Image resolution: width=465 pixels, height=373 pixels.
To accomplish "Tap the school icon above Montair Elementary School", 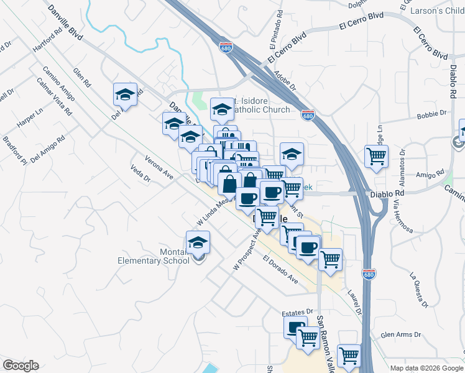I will [x=198, y=242].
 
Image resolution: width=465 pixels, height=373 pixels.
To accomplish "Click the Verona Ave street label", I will [x=159, y=166].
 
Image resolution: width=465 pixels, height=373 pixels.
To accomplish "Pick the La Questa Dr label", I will [x=419, y=290].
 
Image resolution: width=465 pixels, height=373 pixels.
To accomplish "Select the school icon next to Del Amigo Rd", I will [x=125, y=95].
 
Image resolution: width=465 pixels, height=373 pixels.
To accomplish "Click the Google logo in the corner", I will [x=21, y=365].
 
